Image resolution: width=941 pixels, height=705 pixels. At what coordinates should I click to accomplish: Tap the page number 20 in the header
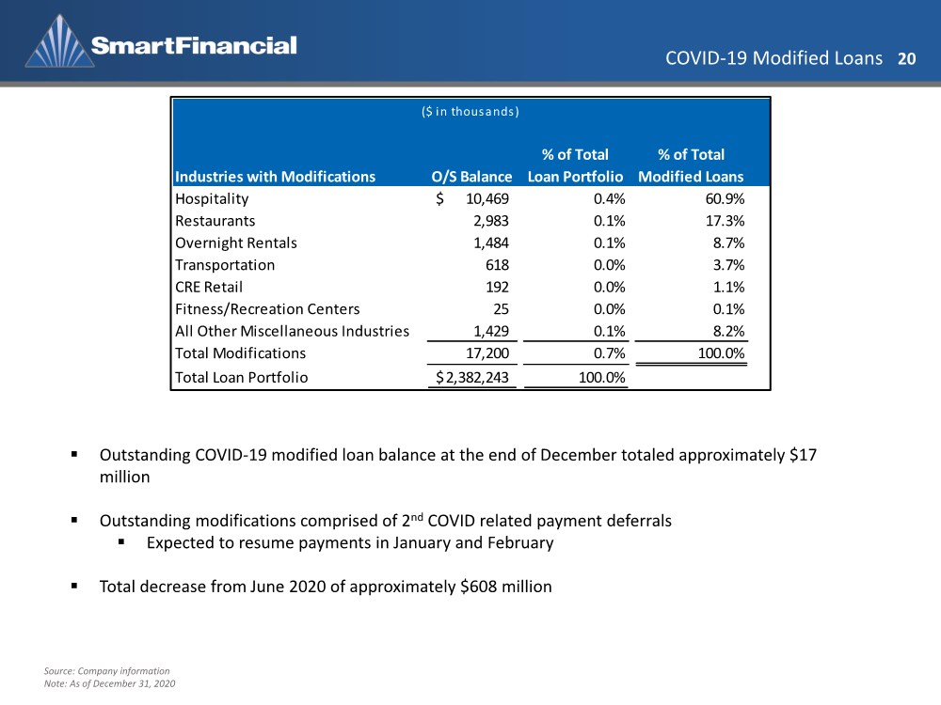click(906, 58)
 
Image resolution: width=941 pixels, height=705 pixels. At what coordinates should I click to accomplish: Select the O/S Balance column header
click(471, 177)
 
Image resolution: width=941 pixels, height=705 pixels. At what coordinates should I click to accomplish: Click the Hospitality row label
click(212, 199)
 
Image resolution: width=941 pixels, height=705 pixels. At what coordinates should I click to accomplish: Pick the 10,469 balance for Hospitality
click(487, 199)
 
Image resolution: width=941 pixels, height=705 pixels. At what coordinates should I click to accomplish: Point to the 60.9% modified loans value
click(725, 199)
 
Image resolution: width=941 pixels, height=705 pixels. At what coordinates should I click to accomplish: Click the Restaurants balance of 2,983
click(491, 221)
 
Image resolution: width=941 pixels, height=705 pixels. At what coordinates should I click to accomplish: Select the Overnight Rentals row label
click(236, 243)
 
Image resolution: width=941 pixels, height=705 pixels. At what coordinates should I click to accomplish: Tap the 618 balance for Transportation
click(498, 265)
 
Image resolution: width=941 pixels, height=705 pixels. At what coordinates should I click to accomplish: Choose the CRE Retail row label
click(209, 287)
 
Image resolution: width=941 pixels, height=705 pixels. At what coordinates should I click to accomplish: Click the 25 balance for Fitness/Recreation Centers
click(502, 309)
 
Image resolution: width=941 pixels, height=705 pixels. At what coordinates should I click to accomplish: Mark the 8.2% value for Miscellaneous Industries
click(728, 332)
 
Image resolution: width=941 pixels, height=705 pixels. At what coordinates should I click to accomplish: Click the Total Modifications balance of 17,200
click(487, 353)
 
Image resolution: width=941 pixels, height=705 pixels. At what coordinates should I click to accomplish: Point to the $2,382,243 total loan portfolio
click(472, 378)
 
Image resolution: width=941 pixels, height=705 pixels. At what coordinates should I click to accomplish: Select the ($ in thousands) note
click(470, 112)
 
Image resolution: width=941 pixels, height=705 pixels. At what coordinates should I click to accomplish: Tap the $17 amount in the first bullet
click(803, 455)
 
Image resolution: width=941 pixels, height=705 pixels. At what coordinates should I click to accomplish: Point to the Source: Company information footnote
click(107, 671)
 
